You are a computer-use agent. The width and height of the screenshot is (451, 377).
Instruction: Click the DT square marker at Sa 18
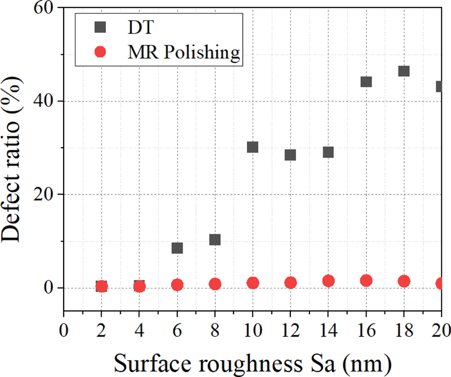tap(404, 71)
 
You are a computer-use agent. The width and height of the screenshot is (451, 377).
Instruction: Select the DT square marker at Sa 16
tap(366, 82)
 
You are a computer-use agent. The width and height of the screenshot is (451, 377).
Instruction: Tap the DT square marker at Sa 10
tap(253, 147)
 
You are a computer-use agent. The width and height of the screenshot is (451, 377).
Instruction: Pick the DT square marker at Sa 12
tap(290, 155)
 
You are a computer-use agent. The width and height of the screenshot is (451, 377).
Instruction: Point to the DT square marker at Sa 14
tap(328, 152)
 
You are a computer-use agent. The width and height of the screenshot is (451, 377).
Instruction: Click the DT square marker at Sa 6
tap(177, 248)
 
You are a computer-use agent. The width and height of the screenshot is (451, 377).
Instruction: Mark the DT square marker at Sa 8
tap(215, 239)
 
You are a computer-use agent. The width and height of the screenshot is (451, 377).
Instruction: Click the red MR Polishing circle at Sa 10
tap(253, 283)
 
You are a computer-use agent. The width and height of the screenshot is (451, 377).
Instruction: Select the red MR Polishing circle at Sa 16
tap(366, 281)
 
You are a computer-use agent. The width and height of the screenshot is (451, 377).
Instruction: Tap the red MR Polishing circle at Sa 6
tap(177, 285)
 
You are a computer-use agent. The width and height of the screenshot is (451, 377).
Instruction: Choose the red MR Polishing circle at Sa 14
tap(328, 281)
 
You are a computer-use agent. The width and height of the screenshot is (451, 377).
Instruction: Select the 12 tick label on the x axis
tap(290, 329)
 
